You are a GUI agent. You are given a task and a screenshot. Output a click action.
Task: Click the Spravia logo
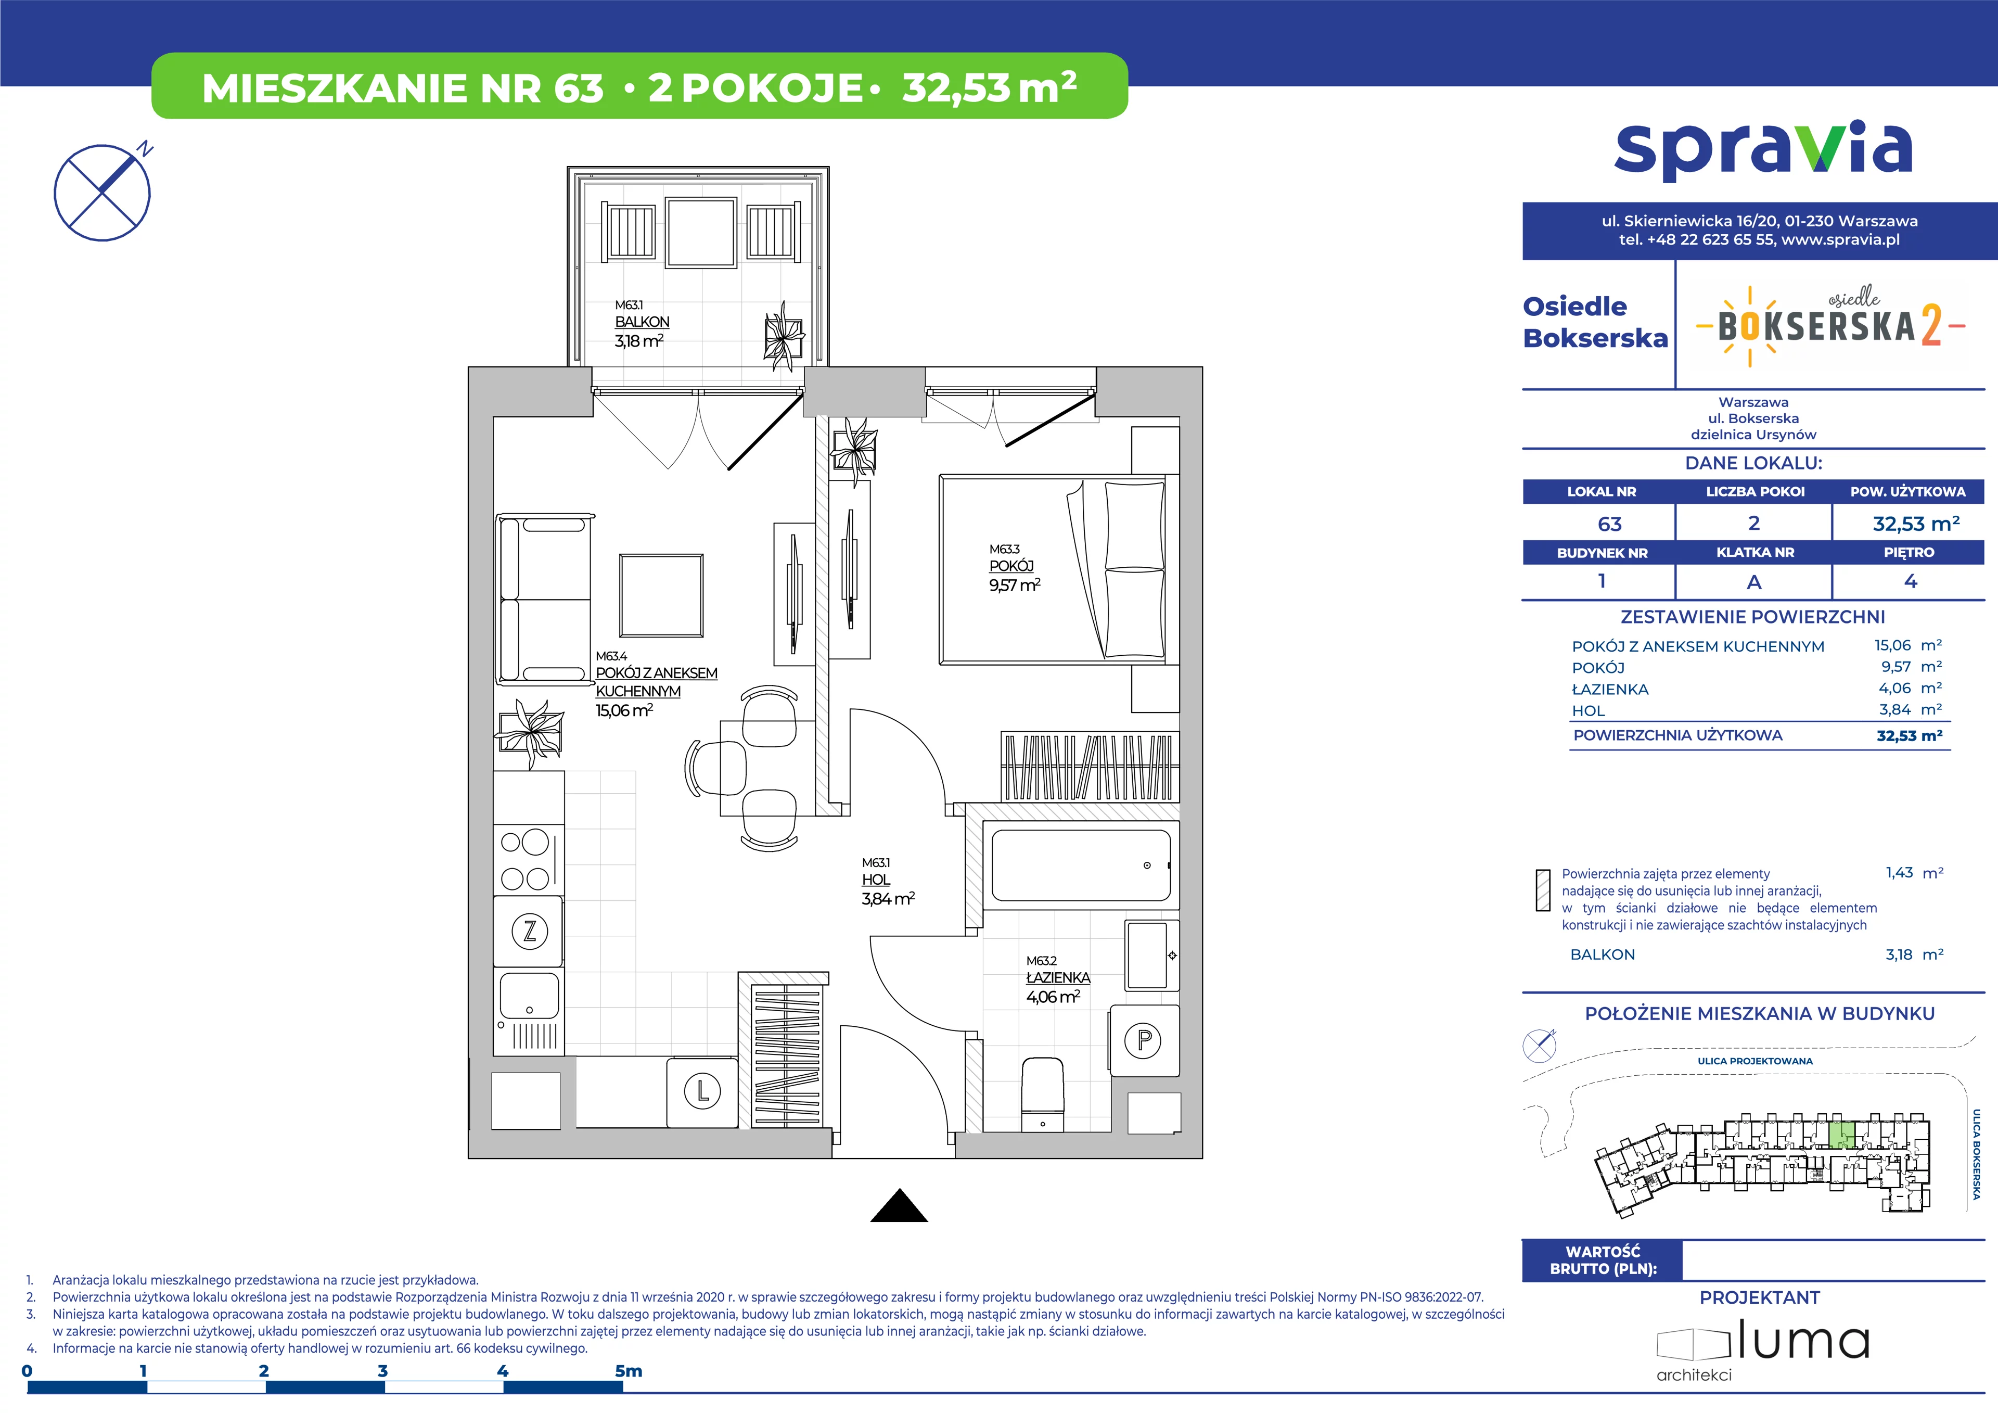pos(1762,152)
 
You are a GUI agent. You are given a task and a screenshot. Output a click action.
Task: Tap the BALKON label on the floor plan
pos(642,322)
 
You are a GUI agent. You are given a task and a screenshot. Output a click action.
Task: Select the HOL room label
pos(876,880)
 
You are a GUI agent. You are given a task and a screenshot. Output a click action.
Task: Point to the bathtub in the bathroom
pos(1081,865)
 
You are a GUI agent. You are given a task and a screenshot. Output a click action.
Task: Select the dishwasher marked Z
pos(529,932)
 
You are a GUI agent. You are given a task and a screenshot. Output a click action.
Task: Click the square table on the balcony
pos(701,232)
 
